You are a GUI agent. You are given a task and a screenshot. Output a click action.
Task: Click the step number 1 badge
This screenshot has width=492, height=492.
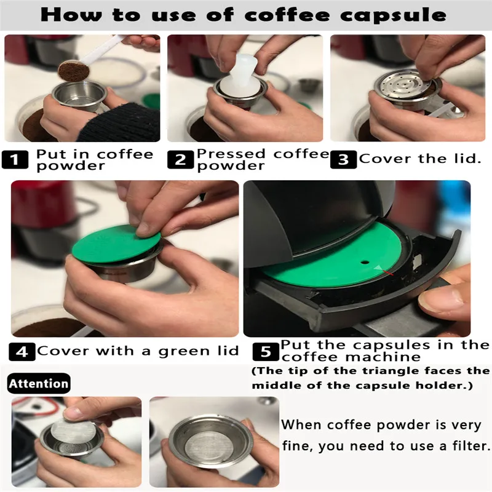(x=15, y=160)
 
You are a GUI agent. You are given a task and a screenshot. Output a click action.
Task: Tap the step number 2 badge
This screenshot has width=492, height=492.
(x=180, y=160)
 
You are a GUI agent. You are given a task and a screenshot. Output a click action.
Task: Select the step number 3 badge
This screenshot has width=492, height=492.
(x=343, y=160)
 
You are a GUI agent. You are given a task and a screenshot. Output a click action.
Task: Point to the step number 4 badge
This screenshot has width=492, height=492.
(x=22, y=352)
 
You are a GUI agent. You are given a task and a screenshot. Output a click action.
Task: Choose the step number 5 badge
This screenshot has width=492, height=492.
(x=266, y=352)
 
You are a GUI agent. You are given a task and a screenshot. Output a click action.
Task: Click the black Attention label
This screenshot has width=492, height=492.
(x=39, y=383)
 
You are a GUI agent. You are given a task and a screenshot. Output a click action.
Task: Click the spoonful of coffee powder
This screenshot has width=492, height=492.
(x=74, y=71)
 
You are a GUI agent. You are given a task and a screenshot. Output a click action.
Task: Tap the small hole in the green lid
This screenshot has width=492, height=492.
(x=365, y=261)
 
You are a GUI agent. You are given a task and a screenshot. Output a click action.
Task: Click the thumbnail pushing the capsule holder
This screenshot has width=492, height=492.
(x=435, y=298)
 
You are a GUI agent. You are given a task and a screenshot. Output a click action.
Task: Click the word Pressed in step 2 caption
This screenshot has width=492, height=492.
(x=231, y=154)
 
